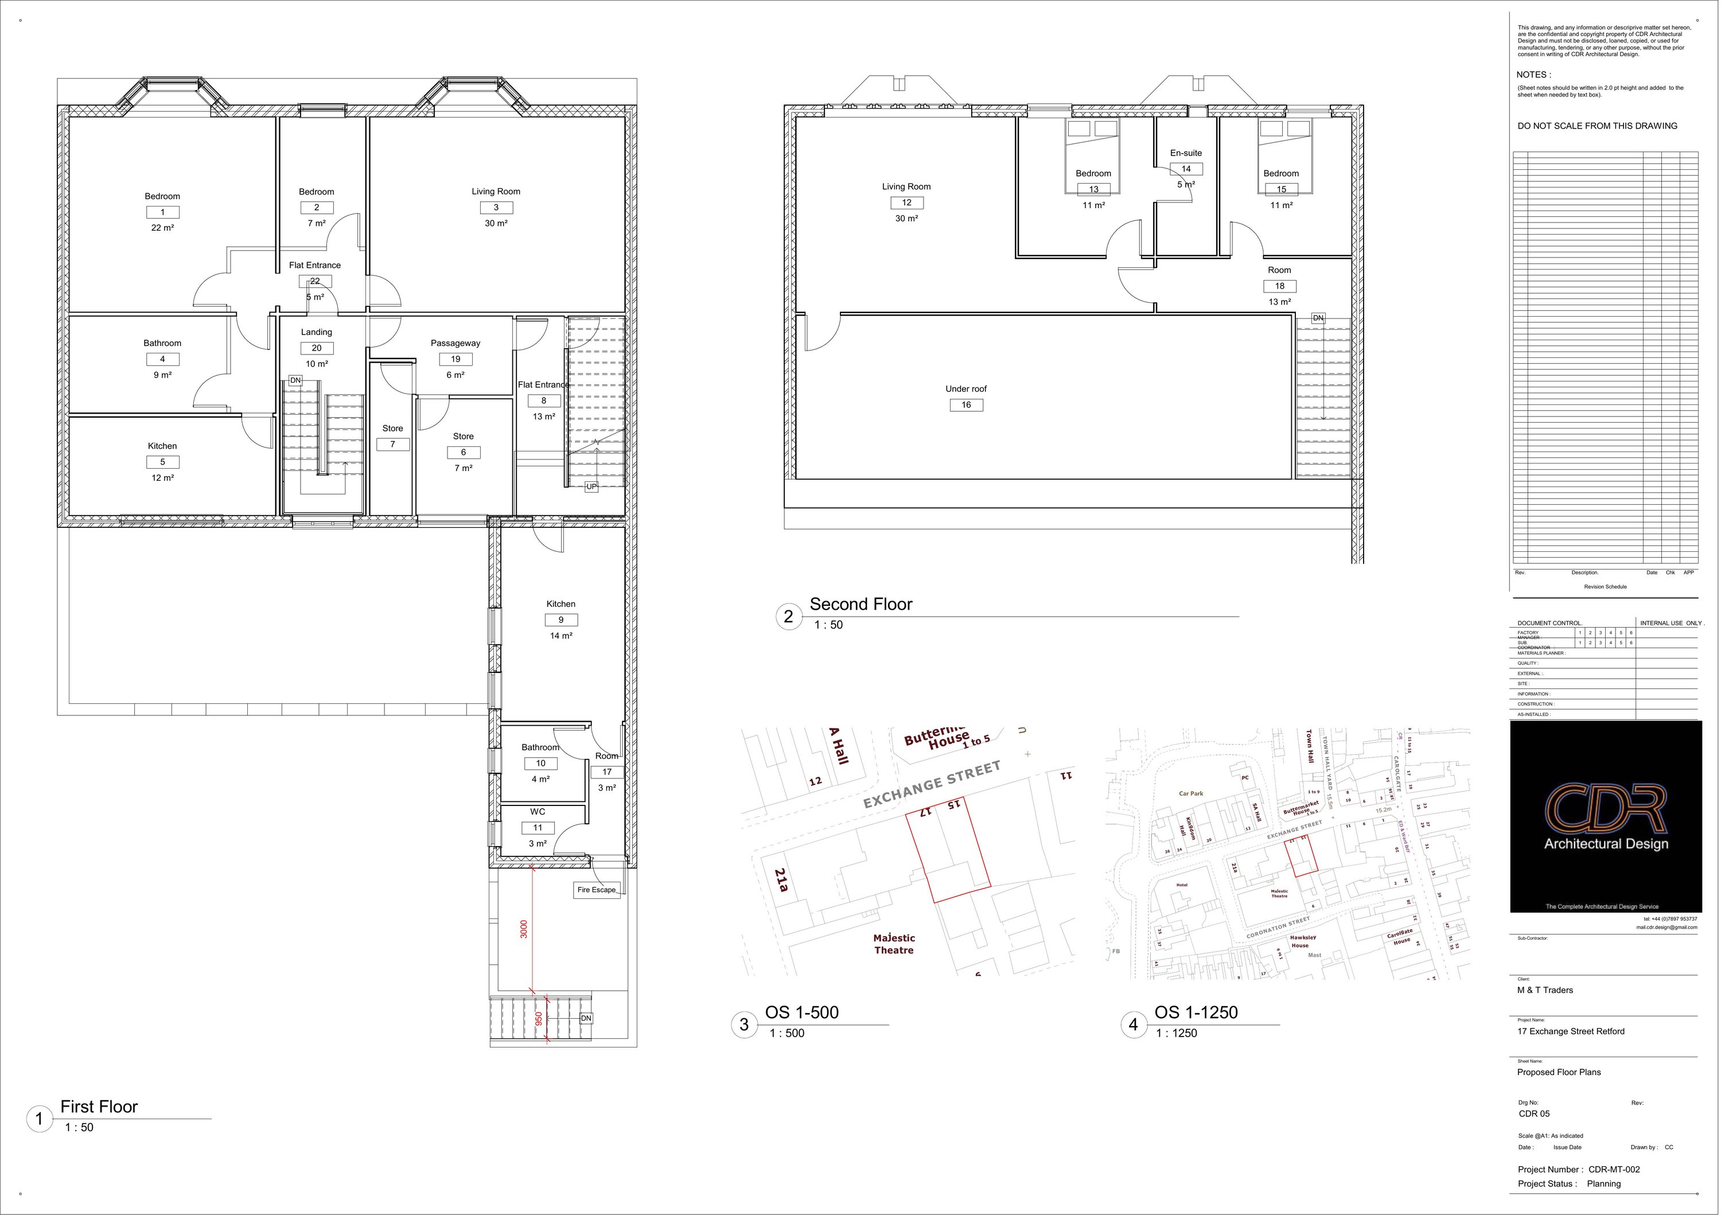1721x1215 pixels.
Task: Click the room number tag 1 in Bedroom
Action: [x=163, y=212]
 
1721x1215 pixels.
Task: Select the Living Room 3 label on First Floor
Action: [x=496, y=192]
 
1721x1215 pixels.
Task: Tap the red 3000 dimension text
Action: [x=524, y=929]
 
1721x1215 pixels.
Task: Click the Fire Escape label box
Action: [x=597, y=890]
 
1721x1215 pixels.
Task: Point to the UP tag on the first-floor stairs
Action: [x=591, y=486]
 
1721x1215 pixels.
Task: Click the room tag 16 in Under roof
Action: [x=966, y=405]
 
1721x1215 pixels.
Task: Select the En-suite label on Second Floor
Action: [x=1186, y=153]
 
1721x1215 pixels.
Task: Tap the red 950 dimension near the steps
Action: [x=538, y=1020]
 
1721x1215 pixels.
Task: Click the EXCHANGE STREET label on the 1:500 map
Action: [x=932, y=785]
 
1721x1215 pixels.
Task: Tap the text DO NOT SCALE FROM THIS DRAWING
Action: [x=1597, y=126]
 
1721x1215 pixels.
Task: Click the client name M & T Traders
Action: [x=1545, y=990]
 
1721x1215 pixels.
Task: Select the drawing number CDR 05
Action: [x=1533, y=1114]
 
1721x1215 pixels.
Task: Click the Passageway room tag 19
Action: [x=455, y=359]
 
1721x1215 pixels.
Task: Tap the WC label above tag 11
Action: [x=538, y=812]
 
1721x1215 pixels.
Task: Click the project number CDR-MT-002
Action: [x=1614, y=1169]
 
